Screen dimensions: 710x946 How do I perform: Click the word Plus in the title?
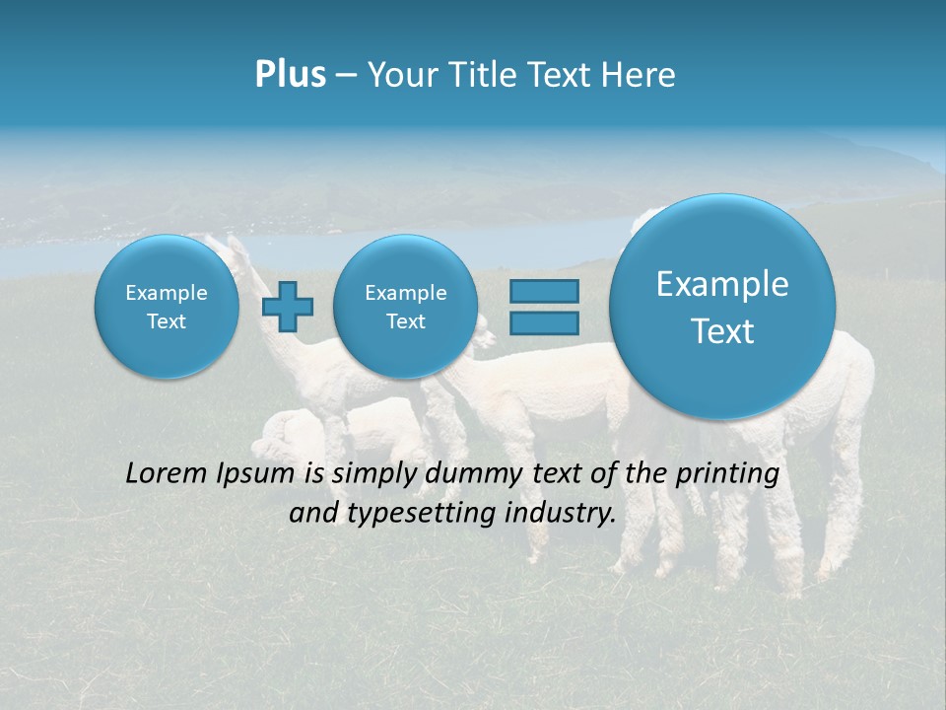click(x=290, y=75)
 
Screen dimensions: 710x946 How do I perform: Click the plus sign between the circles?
click(x=288, y=307)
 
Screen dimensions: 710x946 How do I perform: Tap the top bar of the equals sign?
click(x=543, y=292)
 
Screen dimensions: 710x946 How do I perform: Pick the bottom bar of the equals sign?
click(x=543, y=322)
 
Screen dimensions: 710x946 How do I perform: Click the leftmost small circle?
click(x=167, y=307)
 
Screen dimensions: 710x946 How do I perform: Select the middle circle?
click(x=405, y=307)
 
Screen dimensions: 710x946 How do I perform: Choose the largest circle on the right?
click(x=722, y=307)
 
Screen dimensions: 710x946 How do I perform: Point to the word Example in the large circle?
click(x=722, y=284)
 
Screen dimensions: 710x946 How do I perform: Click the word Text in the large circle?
click(x=722, y=331)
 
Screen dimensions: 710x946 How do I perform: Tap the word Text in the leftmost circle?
click(x=167, y=321)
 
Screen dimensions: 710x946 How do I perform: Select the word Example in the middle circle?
click(x=405, y=293)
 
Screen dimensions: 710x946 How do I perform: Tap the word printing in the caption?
click(x=727, y=474)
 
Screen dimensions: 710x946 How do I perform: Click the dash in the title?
click(x=346, y=76)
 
